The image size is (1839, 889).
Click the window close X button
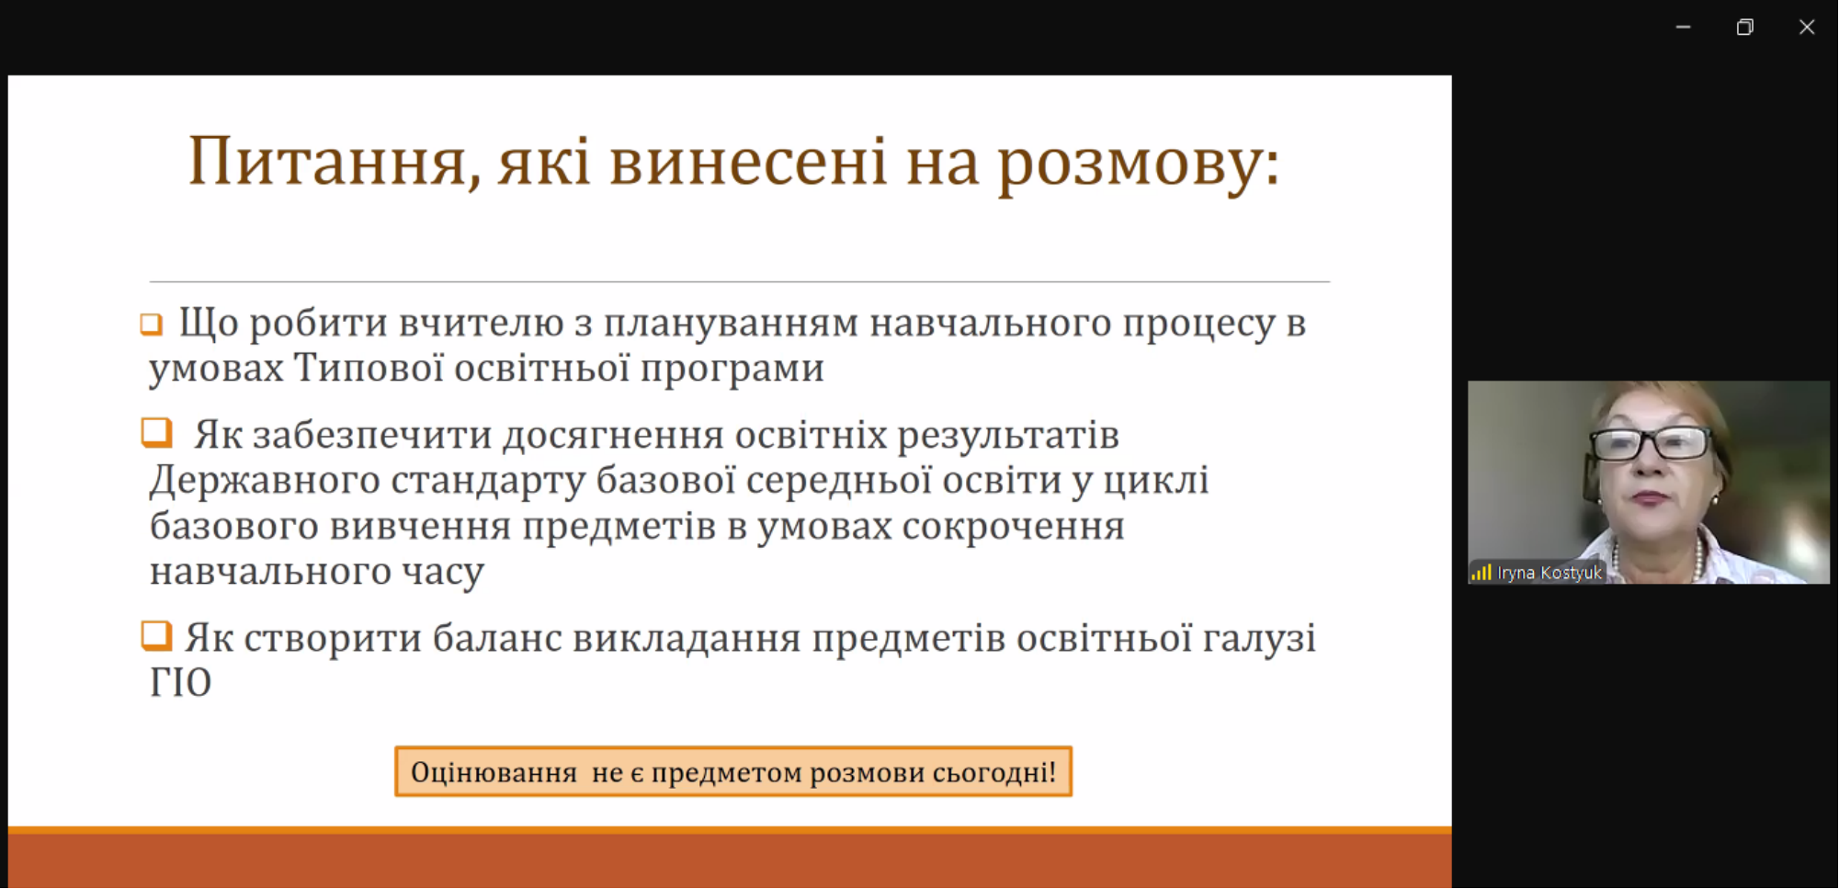pyautogui.click(x=1806, y=28)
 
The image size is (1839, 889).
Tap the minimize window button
pyautogui.click(x=1683, y=28)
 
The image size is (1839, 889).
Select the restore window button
pyautogui.click(x=1744, y=28)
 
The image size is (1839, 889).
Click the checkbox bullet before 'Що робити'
pyautogui.click(x=152, y=325)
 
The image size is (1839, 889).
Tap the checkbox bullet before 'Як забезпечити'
pyautogui.click(x=156, y=432)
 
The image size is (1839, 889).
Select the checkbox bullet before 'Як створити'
pyautogui.click(x=156, y=635)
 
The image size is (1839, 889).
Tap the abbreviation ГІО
pyautogui.click(x=181, y=683)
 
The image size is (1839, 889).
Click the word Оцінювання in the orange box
pyautogui.click(x=494, y=772)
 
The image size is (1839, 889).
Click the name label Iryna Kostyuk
pyautogui.click(x=1549, y=573)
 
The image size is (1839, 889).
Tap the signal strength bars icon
pyautogui.click(x=1481, y=573)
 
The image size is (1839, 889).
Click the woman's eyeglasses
pyautogui.click(x=1649, y=444)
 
